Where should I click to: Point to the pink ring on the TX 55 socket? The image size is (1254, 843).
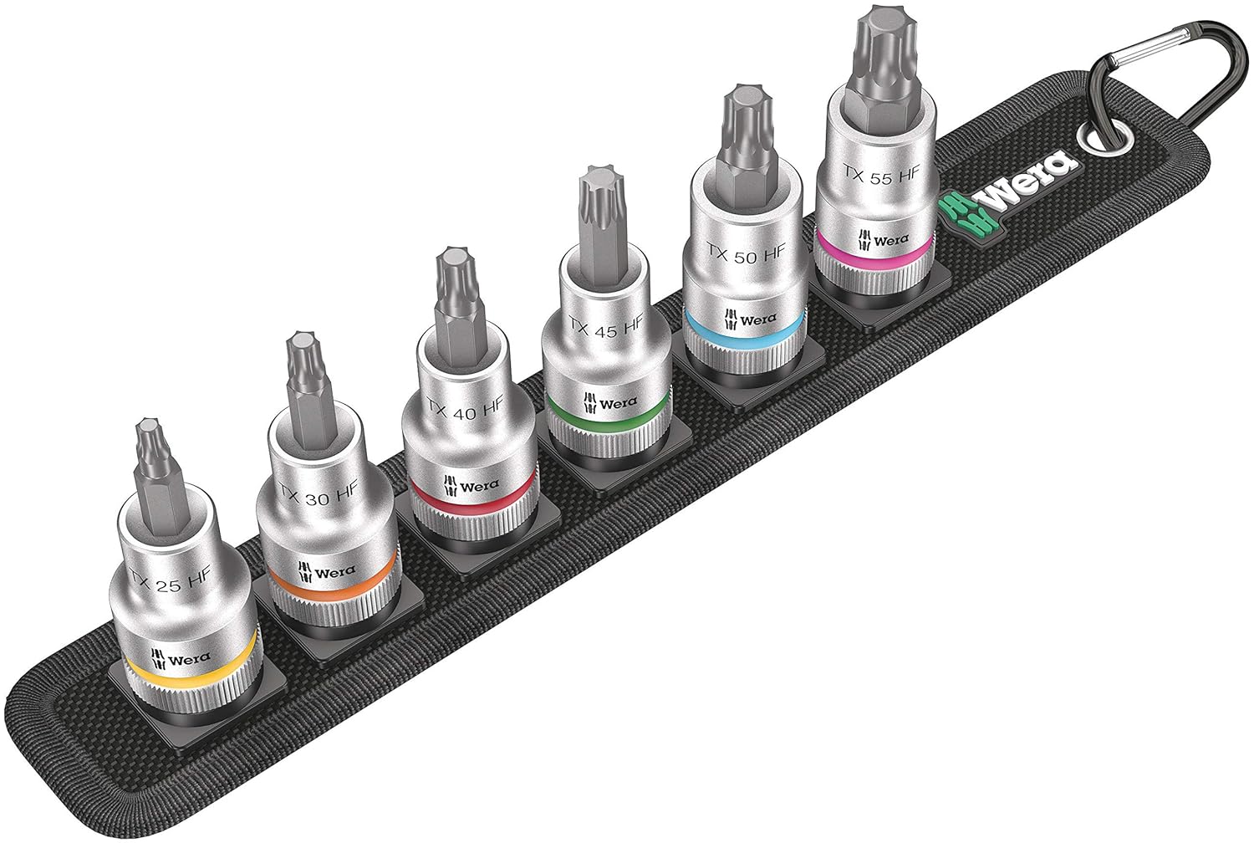tap(874, 254)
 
